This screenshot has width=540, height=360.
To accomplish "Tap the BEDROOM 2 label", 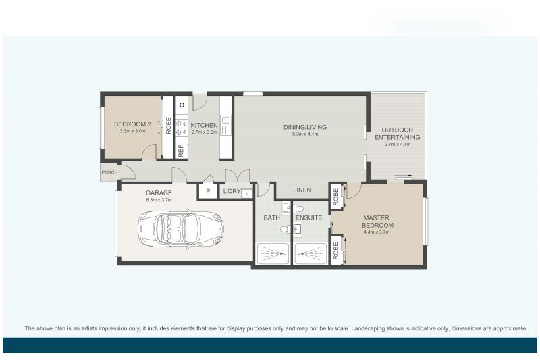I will [x=132, y=124].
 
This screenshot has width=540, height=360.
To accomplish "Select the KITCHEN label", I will [x=204, y=126].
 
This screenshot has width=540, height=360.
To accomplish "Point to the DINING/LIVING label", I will [x=305, y=127].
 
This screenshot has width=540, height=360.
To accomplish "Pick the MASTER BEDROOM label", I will [x=377, y=221].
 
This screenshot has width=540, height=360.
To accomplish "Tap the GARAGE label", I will [x=159, y=192].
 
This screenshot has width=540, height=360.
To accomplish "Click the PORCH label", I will [x=109, y=172].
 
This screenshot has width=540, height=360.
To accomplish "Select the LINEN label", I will [x=302, y=191].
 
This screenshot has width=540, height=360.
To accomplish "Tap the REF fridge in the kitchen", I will [x=181, y=151].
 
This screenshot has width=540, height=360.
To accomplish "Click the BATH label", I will [x=271, y=217].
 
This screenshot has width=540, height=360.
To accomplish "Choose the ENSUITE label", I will [x=308, y=217].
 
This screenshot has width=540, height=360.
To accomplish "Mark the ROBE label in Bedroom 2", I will [x=168, y=126].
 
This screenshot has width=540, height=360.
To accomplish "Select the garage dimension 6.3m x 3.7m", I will [x=159, y=200].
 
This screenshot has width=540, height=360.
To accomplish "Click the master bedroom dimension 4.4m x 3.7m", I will [x=377, y=232].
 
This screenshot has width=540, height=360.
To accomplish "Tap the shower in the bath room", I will [x=272, y=254].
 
